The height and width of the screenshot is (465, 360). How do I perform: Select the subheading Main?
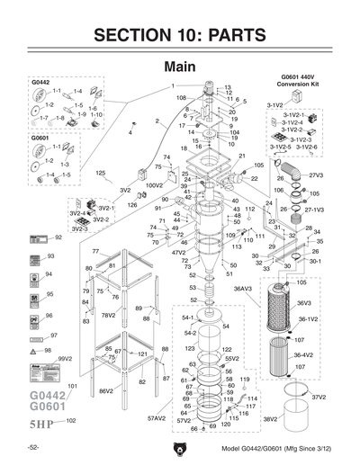179,67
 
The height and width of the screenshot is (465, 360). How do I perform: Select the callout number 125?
101,172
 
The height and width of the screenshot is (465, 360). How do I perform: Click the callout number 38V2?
269,418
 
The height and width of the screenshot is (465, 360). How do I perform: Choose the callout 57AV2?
157,418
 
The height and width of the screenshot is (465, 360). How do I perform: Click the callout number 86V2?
105,390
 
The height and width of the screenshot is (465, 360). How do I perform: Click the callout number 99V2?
64,358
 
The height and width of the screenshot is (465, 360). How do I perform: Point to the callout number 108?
181,97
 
